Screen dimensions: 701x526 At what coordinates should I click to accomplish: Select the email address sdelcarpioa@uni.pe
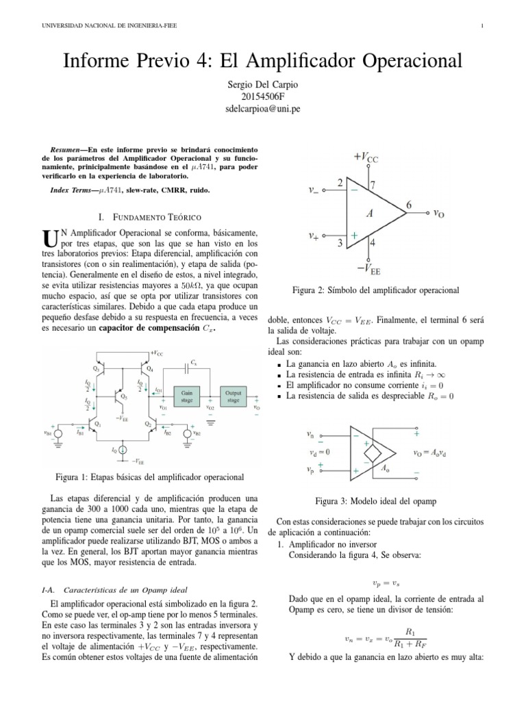click(262, 109)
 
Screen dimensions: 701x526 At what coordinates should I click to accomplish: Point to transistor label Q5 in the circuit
click(123, 396)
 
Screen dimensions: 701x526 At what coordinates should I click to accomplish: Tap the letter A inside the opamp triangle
click(370, 213)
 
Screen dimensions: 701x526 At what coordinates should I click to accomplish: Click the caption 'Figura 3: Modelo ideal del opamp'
click(375, 501)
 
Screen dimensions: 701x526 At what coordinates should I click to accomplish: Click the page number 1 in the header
click(483, 26)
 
